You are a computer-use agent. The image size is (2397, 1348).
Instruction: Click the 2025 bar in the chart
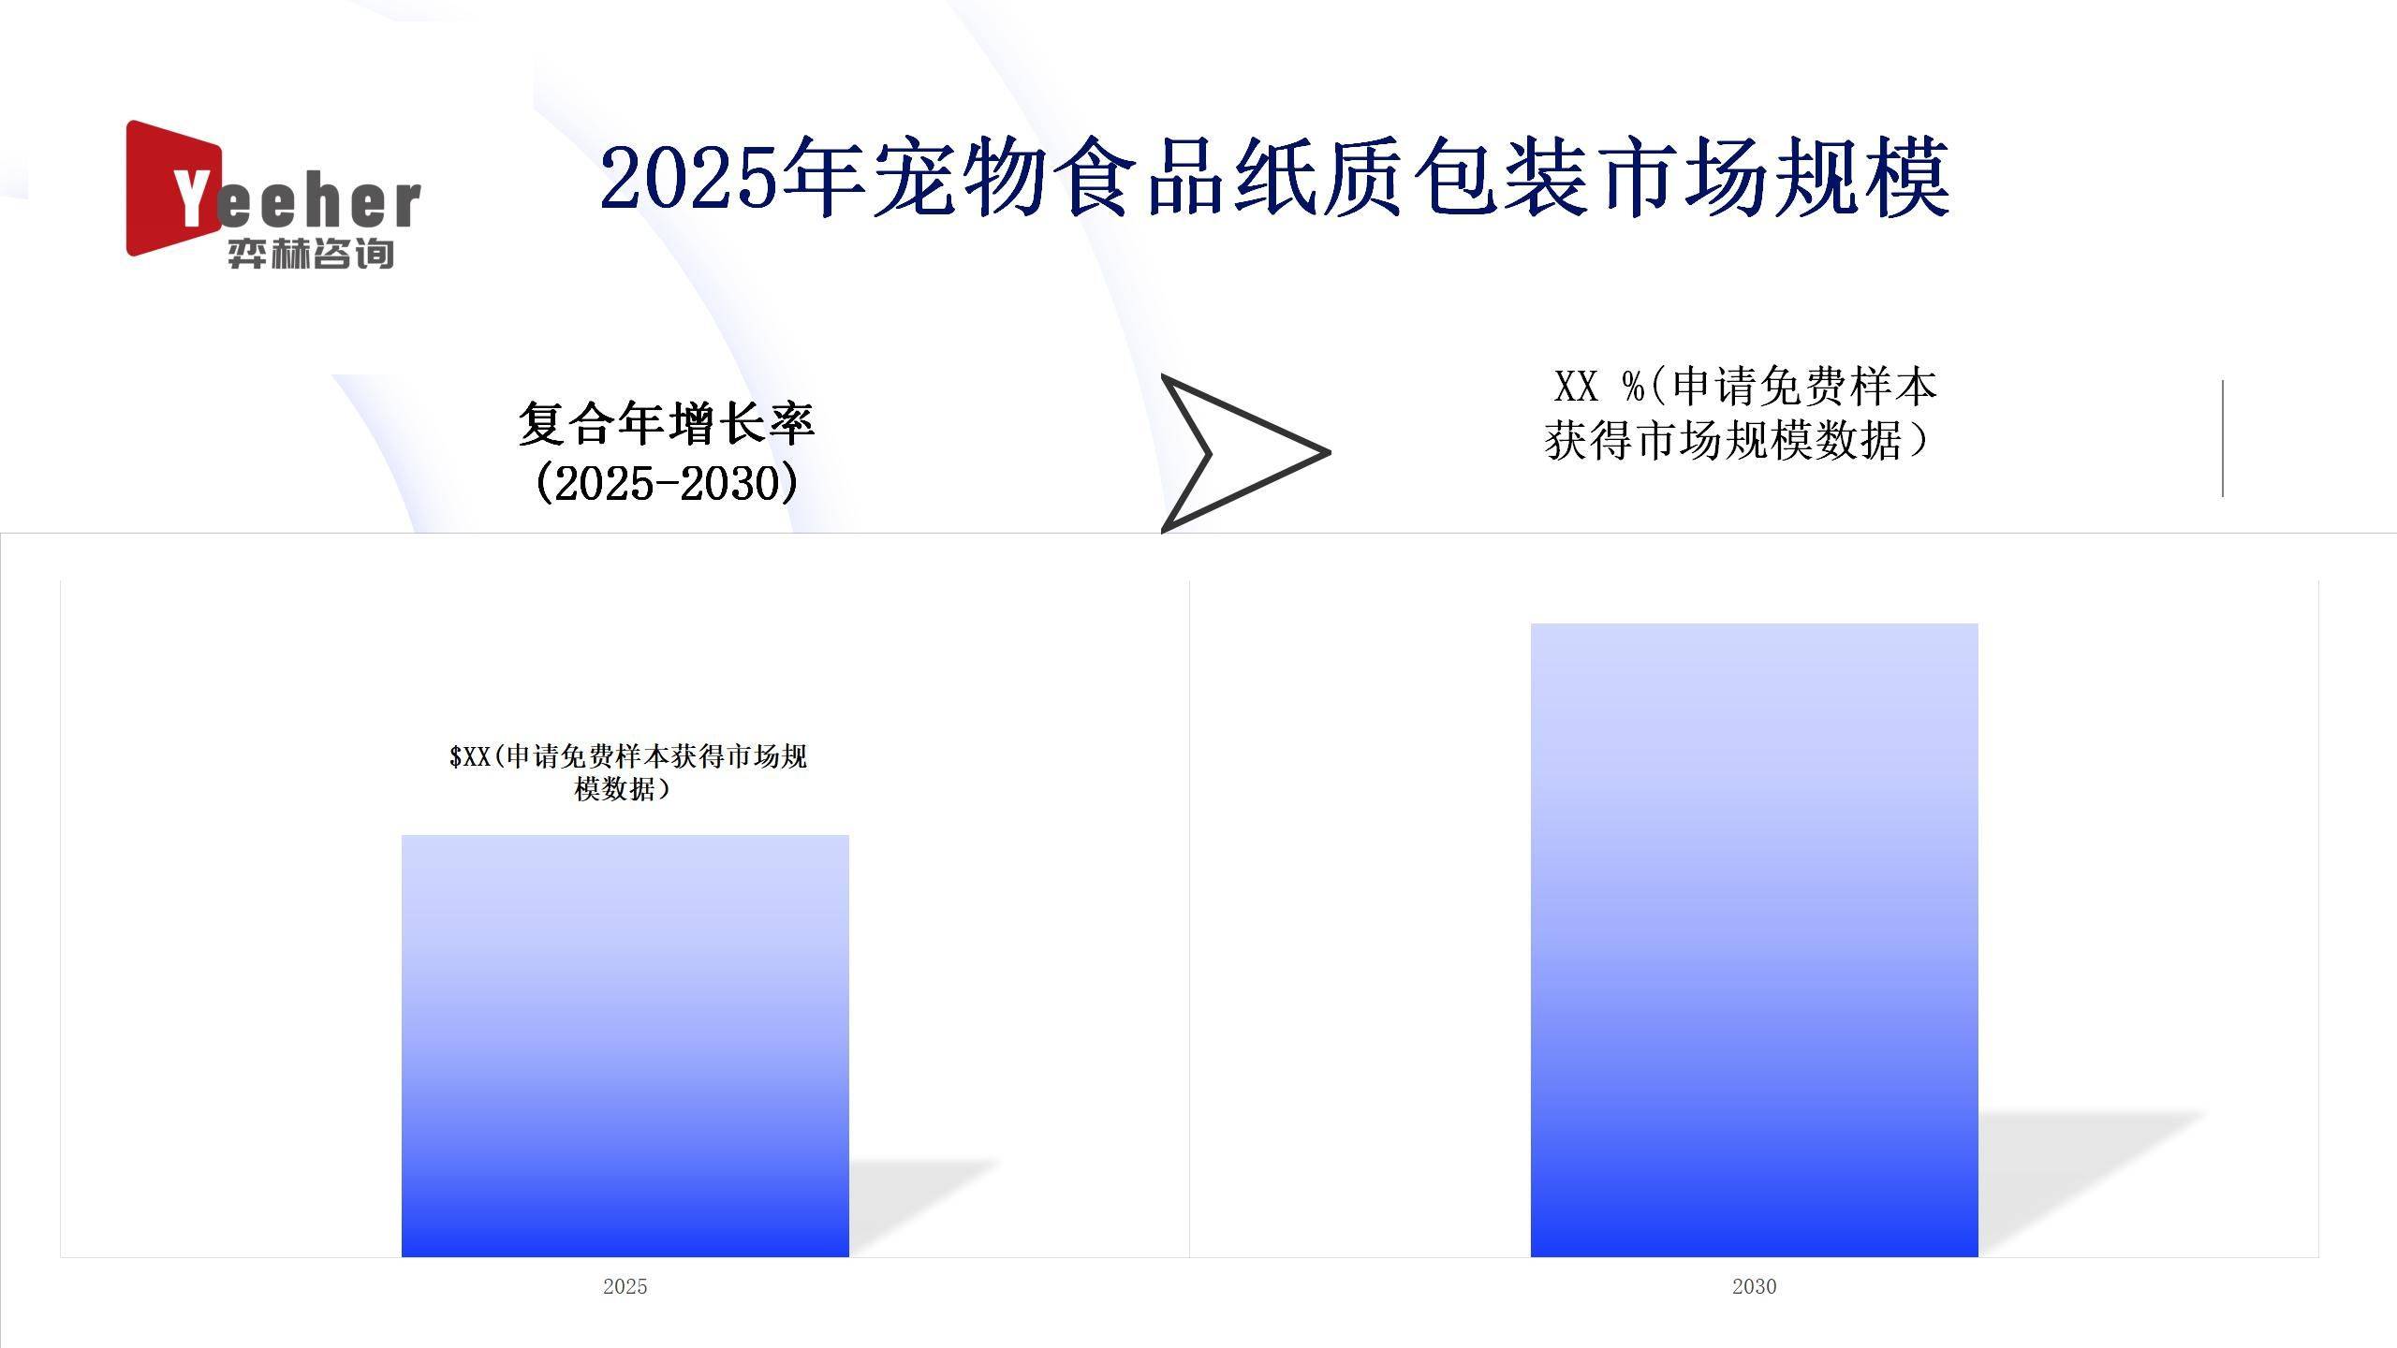point(625,1045)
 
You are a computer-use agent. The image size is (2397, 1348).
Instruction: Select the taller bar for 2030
point(1754,939)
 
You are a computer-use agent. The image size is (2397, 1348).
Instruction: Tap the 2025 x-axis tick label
point(625,1286)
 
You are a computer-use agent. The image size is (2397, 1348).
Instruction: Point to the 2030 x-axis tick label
point(1754,1286)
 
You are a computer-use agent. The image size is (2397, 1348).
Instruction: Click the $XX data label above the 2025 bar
point(627,772)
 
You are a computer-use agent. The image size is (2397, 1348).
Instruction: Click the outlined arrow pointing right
point(1236,453)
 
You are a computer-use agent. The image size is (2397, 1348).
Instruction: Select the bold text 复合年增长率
point(666,423)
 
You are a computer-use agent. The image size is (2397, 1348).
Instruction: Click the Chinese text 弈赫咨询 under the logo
point(310,254)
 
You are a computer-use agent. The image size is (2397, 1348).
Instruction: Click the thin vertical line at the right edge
point(2222,438)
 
